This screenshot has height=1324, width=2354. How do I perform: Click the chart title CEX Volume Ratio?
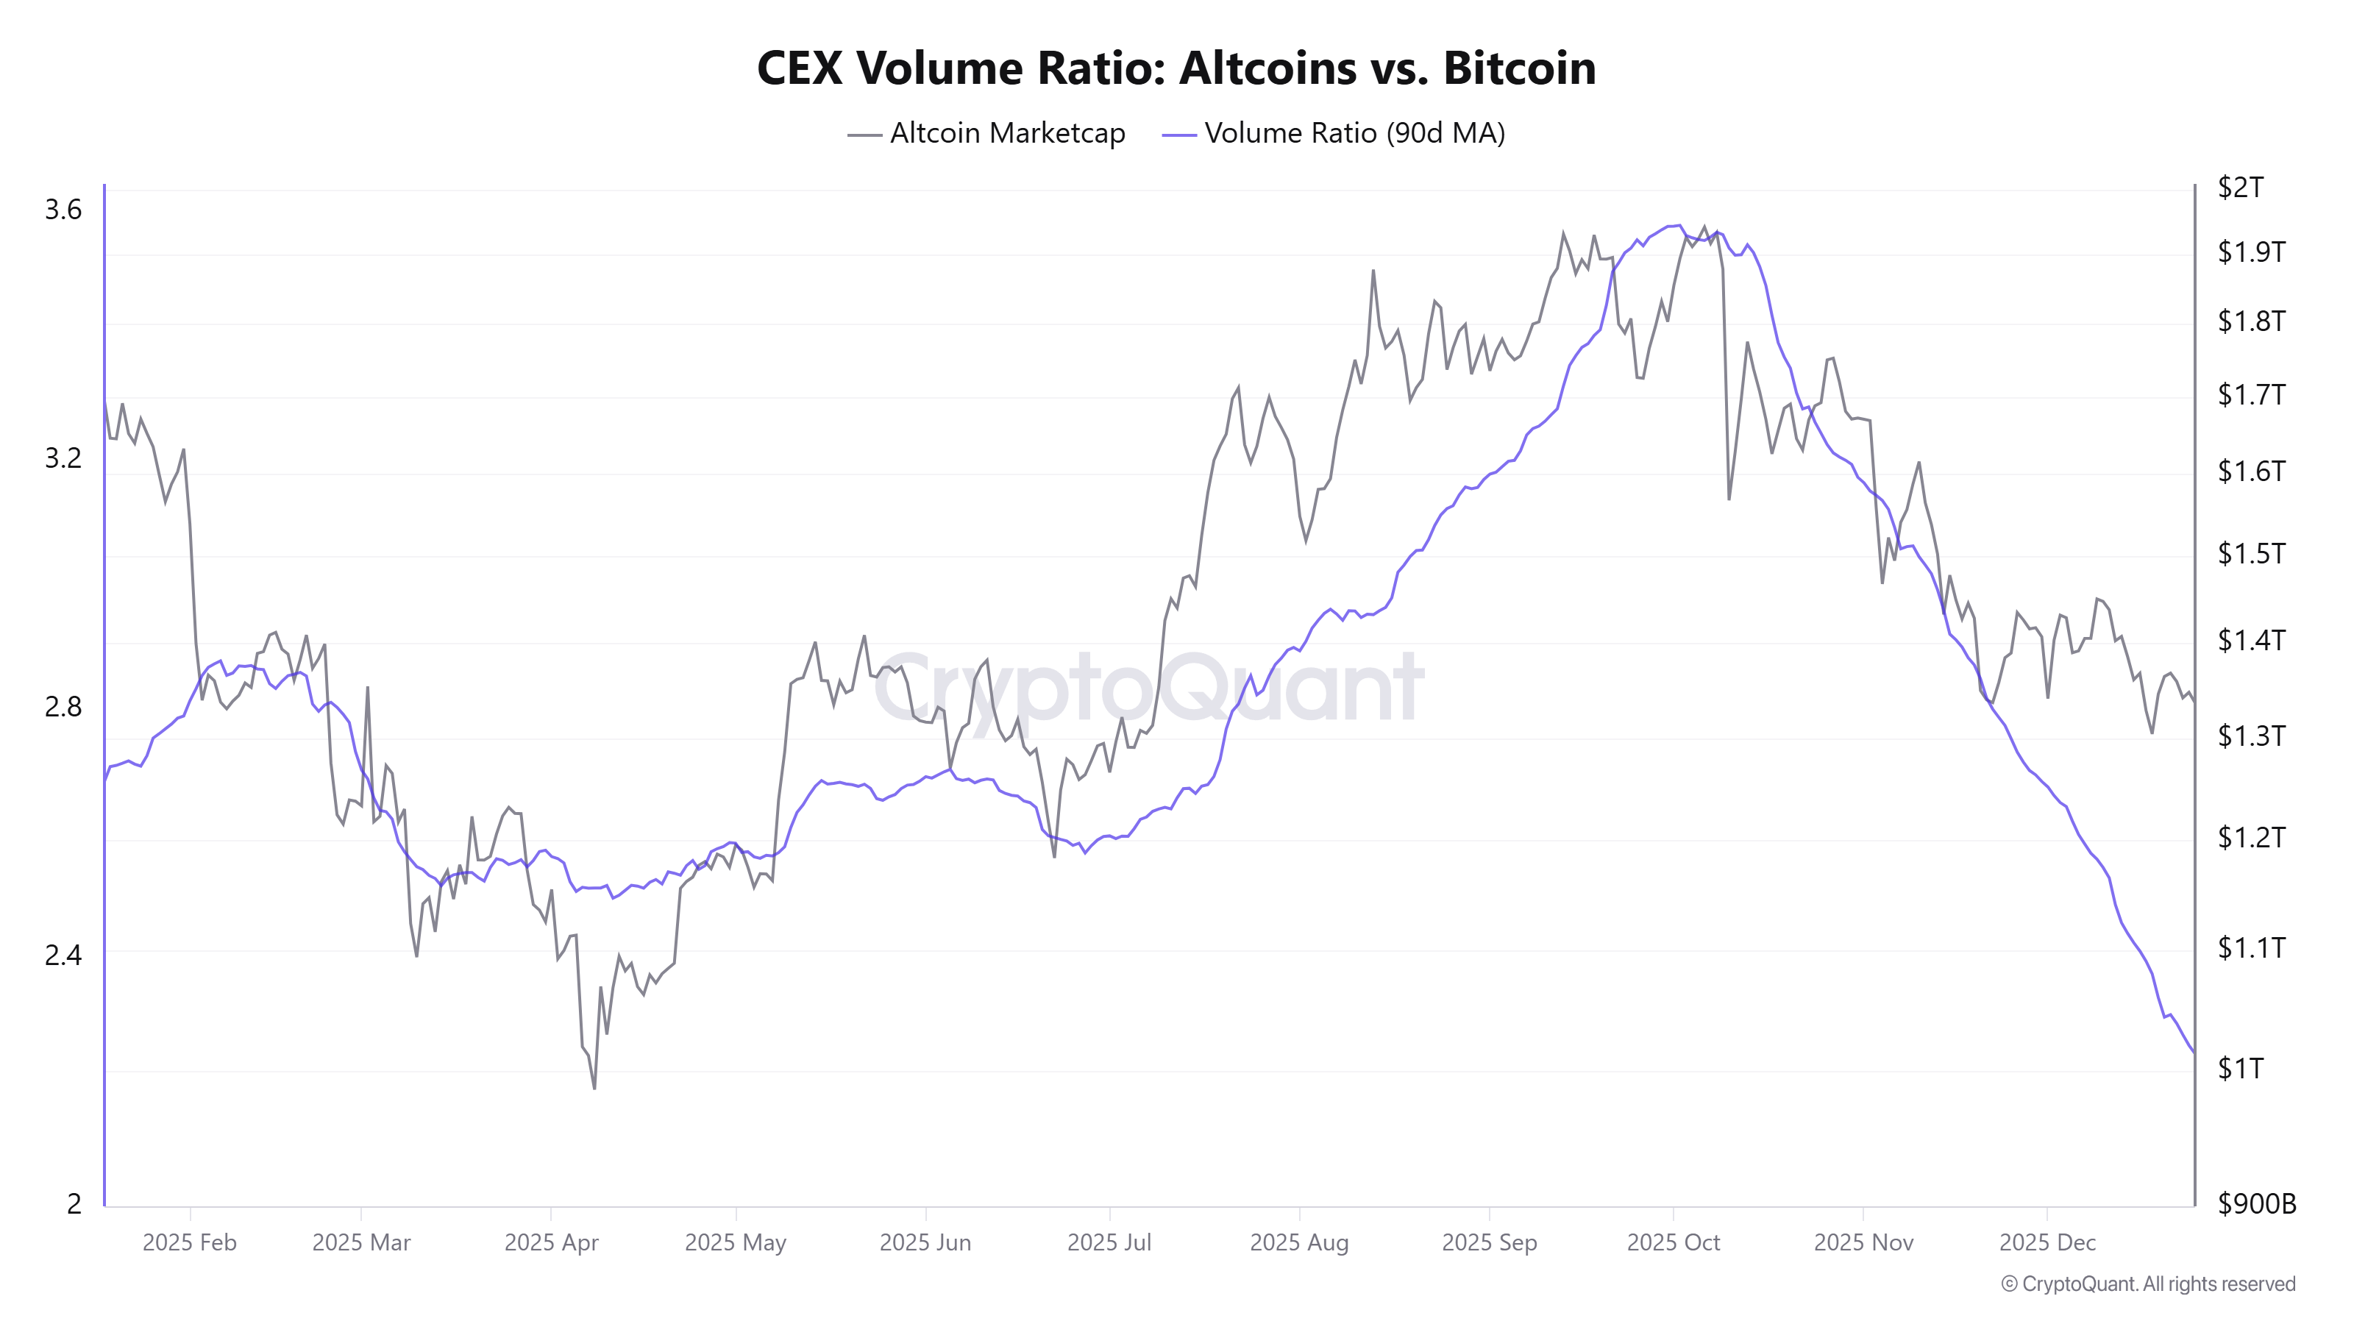tap(1176, 68)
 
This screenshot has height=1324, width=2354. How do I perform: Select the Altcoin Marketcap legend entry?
tap(987, 133)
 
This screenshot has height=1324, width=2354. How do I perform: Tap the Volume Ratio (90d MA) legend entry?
tap(1334, 133)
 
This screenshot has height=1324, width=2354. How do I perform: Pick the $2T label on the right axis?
tap(2240, 188)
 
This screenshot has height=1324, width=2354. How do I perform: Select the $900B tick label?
tap(2256, 1203)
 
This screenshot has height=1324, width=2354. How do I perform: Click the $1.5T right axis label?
tap(2251, 553)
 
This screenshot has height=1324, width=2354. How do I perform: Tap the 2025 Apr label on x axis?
tap(551, 1242)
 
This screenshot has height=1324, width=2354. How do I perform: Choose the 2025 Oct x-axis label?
tap(1674, 1242)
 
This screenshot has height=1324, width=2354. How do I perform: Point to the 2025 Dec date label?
tap(2047, 1242)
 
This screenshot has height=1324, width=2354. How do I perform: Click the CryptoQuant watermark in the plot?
tap(1148, 687)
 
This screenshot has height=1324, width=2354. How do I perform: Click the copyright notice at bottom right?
tap(2147, 1284)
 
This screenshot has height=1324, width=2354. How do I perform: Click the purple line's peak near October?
tap(1679, 225)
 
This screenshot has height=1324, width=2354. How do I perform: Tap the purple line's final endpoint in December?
tap(2193, 1053)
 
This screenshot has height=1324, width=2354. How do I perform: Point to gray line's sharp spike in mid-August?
tap(1373, 271)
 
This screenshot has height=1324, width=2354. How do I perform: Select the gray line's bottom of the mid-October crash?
tap(1729, 499)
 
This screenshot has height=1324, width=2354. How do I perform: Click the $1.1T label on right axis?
tap(2251, 947)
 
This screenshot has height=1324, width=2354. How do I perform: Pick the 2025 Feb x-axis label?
tap(189, 1242)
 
